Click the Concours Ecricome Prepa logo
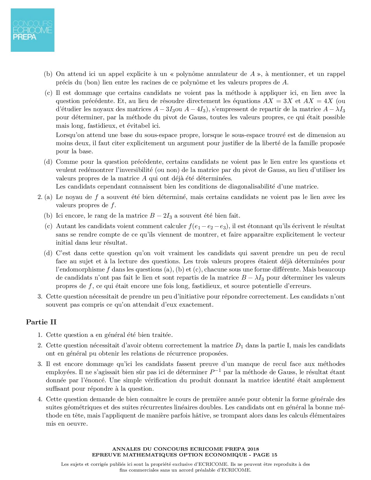click(33, 30)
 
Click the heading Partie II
click(41, 322)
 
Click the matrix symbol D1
click(239, 346)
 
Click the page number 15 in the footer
click(274, 455)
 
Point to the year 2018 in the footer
click(253, 449)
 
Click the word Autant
click(65, 226)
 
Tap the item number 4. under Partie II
click(40, 399)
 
